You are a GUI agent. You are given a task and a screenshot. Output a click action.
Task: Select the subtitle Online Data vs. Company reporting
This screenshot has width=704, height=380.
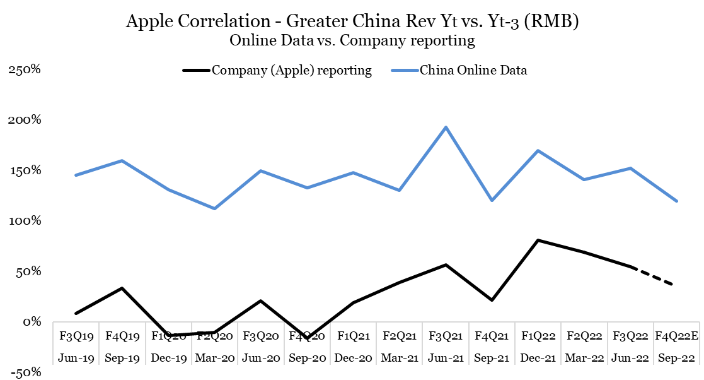point(352,41)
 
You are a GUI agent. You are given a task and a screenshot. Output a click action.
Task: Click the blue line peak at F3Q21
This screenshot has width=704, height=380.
point(446,127)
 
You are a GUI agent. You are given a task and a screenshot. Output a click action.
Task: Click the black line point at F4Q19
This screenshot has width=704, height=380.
point(122,288)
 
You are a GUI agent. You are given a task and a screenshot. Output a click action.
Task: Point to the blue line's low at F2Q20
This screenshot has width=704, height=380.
point(214,208)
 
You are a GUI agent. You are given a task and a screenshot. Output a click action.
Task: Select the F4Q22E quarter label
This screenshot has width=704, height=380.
point(676,334)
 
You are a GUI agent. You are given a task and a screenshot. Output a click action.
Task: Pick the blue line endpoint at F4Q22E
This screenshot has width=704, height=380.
point(677,201)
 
